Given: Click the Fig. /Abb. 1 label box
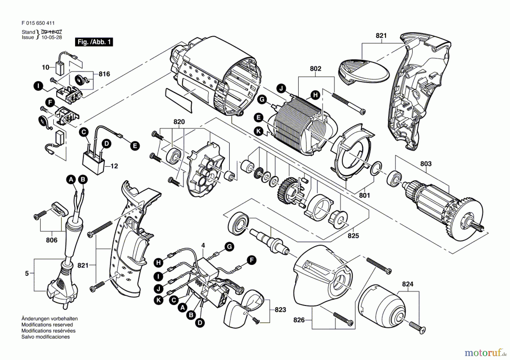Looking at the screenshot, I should [x=94, y=42].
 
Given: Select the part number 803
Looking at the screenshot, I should [x=426, y=164].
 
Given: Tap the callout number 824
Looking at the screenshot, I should [x=407, y=284].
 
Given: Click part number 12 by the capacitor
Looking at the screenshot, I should [x=114, y=166].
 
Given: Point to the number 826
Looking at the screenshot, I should [x=299, y=320].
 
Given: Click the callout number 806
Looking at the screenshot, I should [x=52, y=240].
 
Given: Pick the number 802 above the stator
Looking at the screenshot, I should [x=315, y=69].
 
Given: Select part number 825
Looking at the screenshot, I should [x=353, y=236].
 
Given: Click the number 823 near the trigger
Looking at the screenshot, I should [x=280, y=310].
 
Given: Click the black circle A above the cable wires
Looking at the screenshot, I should [x=71, y=179].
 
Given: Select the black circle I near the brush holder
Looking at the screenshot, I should [x=38, y=86].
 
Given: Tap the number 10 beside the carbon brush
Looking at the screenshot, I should [x=45, y=67].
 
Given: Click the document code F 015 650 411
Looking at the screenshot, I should [x=38, y=23].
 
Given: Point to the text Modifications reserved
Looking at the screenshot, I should [x=47, y=325].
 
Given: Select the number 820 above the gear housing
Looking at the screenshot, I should [x=179, y=122].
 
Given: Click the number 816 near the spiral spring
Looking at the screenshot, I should [x=104, y=74].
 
